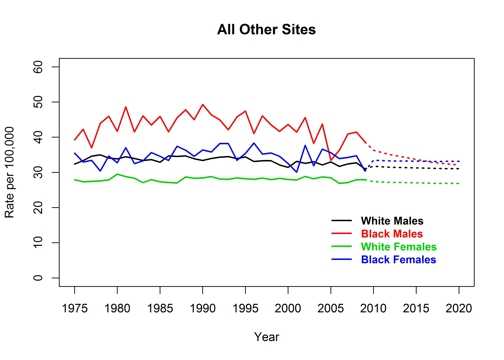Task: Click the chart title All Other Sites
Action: pos(267,30)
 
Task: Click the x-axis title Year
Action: pos(267,337)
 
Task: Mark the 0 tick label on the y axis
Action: pos(43,278)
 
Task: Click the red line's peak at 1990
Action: pos(203,105)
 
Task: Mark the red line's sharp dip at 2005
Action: pos(331,161)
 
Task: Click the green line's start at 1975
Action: pos(75,180)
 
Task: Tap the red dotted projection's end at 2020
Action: pos(459,163)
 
